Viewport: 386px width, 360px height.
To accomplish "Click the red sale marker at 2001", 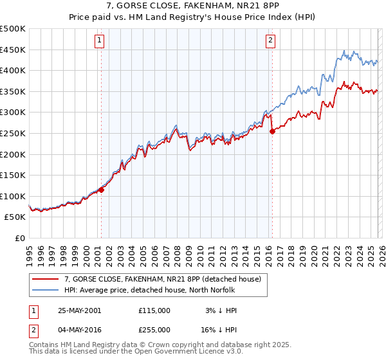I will (101, 190).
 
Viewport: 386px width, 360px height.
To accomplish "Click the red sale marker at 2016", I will (271, 131).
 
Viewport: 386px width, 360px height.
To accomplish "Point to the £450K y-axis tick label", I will (13, 50).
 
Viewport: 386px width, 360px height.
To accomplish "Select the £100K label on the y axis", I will (13, 196).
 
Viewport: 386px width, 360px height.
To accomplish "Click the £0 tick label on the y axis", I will (20, 238).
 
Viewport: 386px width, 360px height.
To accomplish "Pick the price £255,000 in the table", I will (154, 328).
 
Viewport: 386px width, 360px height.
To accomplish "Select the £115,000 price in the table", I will (154, 310).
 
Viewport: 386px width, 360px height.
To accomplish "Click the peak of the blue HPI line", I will (345, 50).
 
